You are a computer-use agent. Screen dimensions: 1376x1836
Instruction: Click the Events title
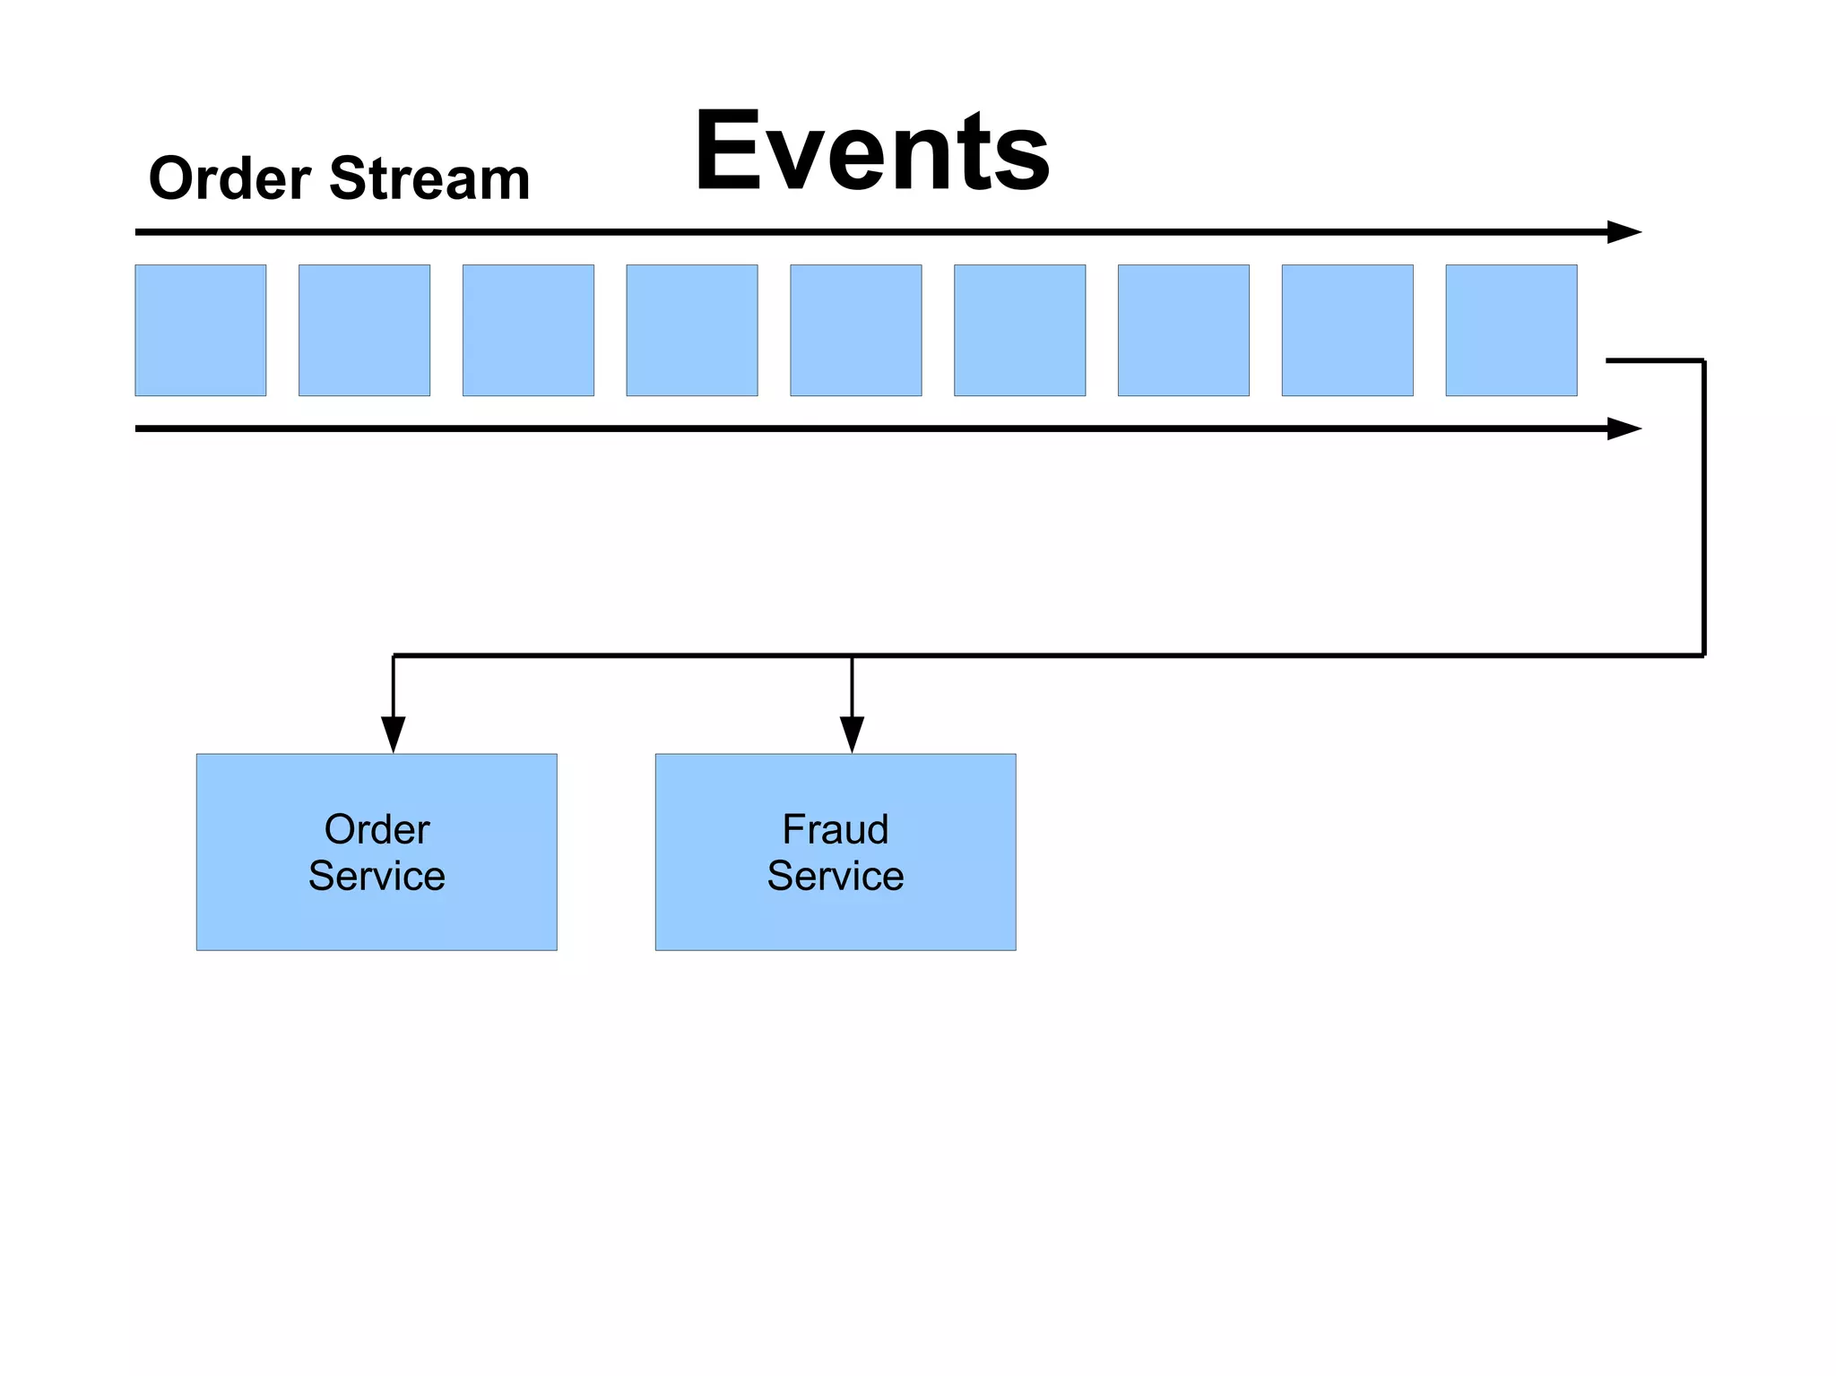click(x=871, y=151)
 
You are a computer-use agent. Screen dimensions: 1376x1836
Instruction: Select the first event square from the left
click(x=201, y=330)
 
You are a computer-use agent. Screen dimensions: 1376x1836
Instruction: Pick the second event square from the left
click(x=364, y=330)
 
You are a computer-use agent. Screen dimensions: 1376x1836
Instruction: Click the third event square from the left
click(x=528, y=330)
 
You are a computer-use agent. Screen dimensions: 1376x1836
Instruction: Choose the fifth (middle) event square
click(x=855, y=330)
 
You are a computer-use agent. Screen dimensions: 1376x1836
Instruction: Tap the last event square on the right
click(x=1511, y=330)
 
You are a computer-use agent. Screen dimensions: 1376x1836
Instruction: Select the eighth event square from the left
click(x=1347, y=330)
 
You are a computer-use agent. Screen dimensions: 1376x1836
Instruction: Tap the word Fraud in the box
click(x=836, y=829)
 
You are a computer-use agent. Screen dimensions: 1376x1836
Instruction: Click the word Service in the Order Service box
click(x=377, y=876)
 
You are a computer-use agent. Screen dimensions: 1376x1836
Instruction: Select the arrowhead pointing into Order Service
click(x=393, y=734)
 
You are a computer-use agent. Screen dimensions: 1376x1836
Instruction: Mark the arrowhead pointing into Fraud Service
click(x=852, y=734)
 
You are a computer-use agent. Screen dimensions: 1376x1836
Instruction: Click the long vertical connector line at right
click(x=1703, y=507)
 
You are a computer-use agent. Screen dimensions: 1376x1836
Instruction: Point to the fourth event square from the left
click(x=692, y=330)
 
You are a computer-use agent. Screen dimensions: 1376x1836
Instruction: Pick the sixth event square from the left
click(x=1019, y=330)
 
